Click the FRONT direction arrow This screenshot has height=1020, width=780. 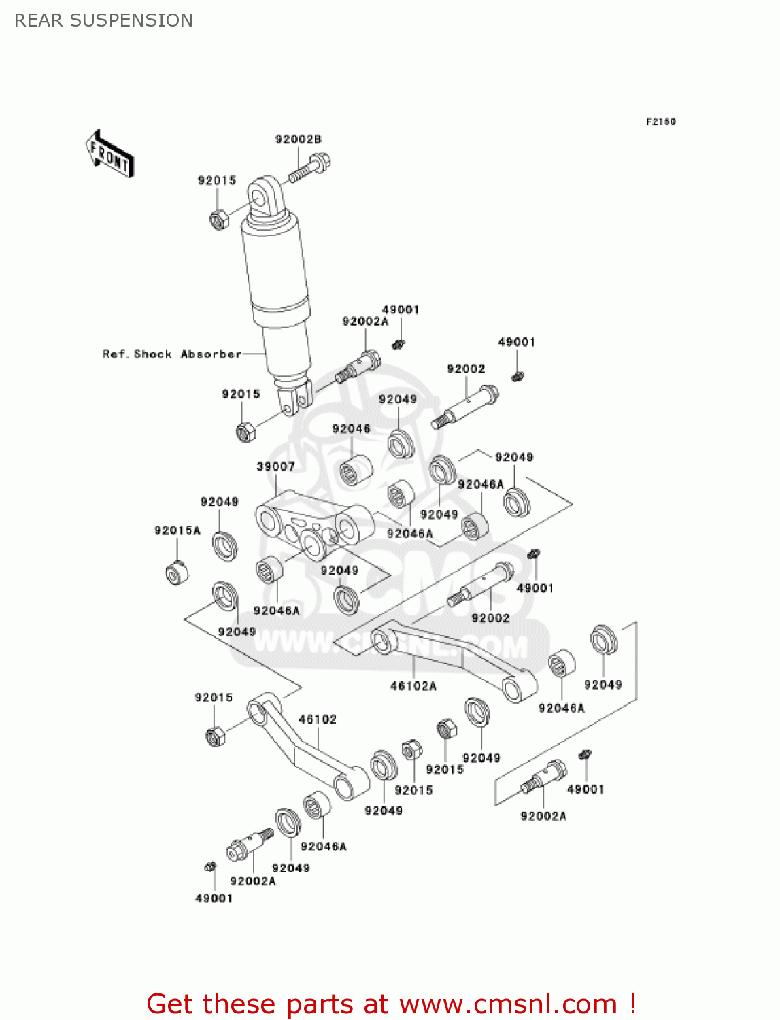pyautogui.click(x=109, y=154)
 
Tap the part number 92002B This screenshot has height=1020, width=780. pyautogui.click(x=298, y=139)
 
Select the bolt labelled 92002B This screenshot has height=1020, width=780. pyautogui.click(x=310, y=167)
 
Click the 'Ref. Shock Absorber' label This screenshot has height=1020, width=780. pyautogui.click(x=171, y=354)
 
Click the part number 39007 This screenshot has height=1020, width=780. pyautogui.click(x=275, y=466)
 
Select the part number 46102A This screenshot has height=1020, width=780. pyautogui.click(x=413, y=686)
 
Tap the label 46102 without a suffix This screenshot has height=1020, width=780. pyautogui.click(x=318, y=719)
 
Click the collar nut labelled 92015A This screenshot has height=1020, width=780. pyautogui.click(x=177, y=573)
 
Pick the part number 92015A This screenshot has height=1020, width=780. pyautogui.click(x=177, y=530)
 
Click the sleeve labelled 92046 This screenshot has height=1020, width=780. pyautogui.click(x=355, y=470)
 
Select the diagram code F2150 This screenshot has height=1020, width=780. pyautogui.click(x=660, y=122)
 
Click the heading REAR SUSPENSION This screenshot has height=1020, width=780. pyautogui.click(x=103, y=20)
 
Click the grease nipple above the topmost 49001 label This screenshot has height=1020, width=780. pyautogui.click(x=400, y=343)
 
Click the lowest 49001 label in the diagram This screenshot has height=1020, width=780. pyautogui.click(x=214, y=898)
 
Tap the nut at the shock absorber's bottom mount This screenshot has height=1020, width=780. pyautogui.click(x=245, y=431)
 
